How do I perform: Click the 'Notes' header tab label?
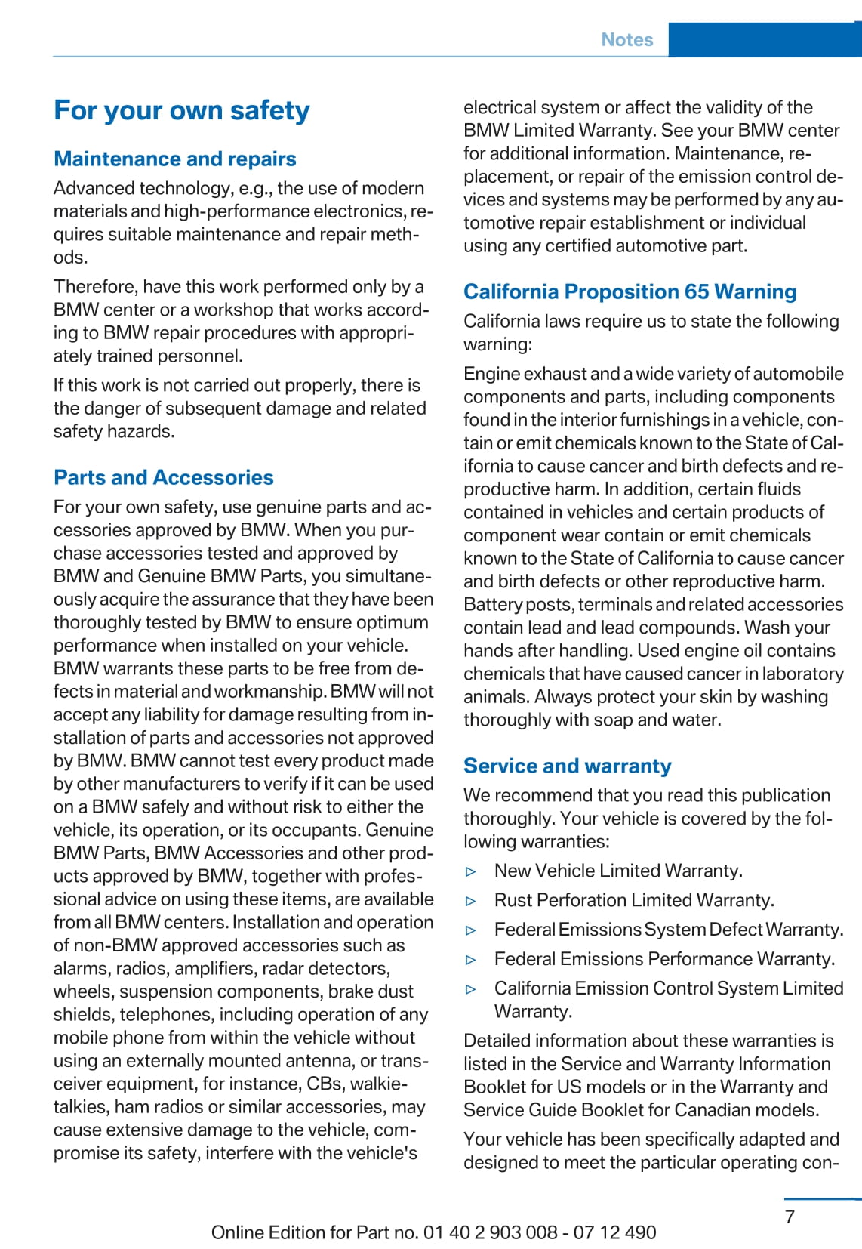626,39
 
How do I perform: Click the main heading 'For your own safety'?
181,110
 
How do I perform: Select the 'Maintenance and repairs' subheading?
174,159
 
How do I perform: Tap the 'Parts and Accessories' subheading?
163,477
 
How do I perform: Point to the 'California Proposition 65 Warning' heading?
630,291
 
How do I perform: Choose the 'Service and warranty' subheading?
567,766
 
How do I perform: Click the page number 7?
790,1217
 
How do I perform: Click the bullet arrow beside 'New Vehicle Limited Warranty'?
471,871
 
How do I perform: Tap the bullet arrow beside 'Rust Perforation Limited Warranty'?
471,901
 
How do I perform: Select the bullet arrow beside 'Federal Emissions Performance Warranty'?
471,960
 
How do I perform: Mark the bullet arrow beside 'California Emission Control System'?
471,989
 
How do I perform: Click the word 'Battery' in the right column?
491,604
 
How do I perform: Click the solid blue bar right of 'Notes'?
764,39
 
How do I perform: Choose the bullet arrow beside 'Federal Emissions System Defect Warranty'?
471,930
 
